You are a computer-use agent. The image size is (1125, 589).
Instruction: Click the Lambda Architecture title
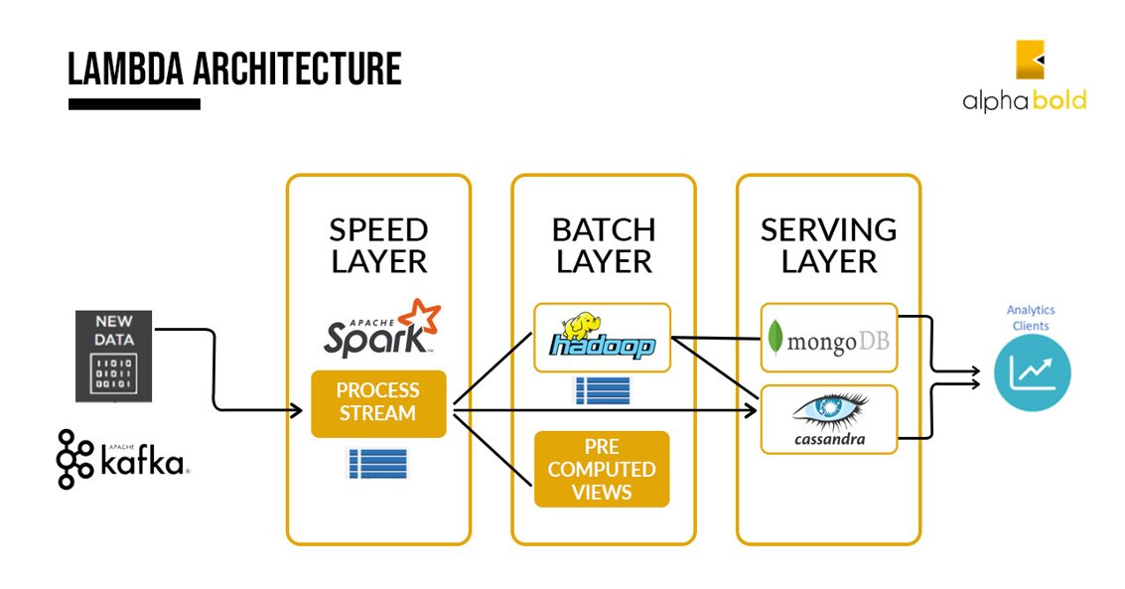pyautogui.click(x=234, y=70)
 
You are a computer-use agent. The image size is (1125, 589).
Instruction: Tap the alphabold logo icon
pyautogui.click(x=1031, y=60)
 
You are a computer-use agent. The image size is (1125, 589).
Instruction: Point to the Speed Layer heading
pyautogui.click(x=378, y=245)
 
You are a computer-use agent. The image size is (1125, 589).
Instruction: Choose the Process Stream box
pyautogui.click(x=378, y=403)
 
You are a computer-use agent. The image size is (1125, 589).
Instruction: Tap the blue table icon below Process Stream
pyautogui.click(x=377, y=463)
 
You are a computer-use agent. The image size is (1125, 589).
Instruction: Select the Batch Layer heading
pyautogui.click(x=604, y=245)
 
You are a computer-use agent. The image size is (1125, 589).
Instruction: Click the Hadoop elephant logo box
pyautogui.click(x=602, y=338)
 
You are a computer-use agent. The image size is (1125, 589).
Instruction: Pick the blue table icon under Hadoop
pyautogui.click(x=603, y=390)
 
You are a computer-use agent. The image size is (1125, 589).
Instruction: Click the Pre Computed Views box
pyautogui.click(x=602, y=469)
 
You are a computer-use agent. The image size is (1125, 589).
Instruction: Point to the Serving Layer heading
pyautogui.click(x=828, y=245)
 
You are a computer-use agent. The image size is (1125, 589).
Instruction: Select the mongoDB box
pyautogui.click(x=828, y=342)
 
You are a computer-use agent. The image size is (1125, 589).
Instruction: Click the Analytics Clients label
pyautogui.click(x=1032, y=318)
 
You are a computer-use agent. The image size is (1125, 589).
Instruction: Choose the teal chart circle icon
pyautogui.click(x=1033, y=372)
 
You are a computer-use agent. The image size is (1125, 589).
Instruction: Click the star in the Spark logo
pyautogui.click(x=424, y=318)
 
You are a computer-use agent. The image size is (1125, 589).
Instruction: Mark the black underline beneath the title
pyautogui.click(x=134, y=104)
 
